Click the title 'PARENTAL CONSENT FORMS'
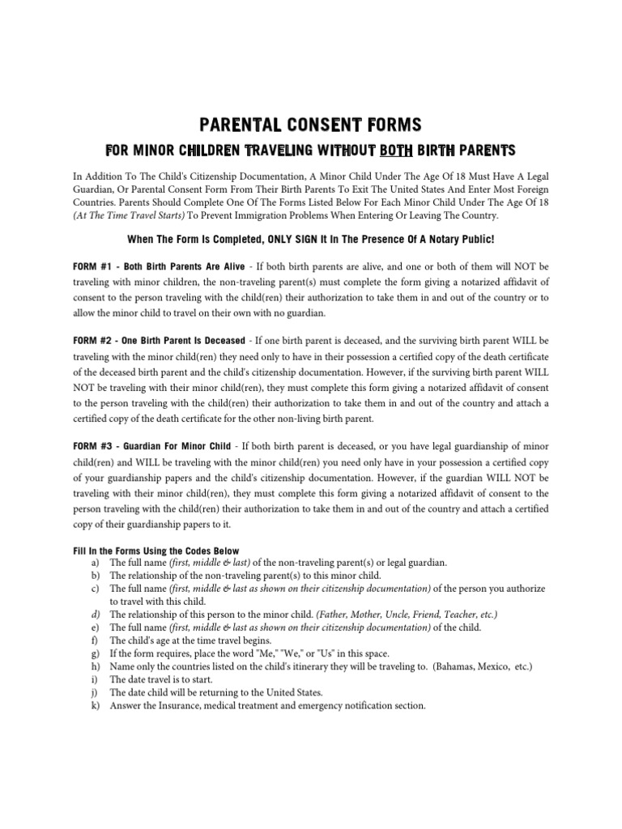point(311,125)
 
